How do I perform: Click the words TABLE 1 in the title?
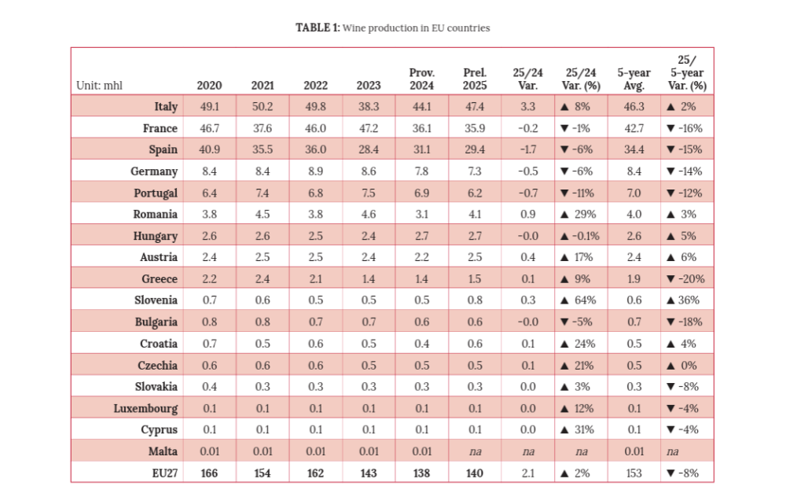click(x=318, y=28)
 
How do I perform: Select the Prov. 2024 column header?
click(x=421, y=79)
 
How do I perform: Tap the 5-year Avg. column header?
click(x=634, y=79)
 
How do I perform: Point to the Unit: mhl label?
click(x=99, y=85)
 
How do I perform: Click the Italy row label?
click(x=166, y=107)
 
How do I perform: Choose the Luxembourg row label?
click(x=145, y=409)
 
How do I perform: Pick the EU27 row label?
click(x=165, y=473)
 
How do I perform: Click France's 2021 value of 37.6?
click(x=263, y=128)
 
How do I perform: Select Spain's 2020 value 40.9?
click(x=210, y=149)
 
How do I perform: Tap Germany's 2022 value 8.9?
click(x=316, y=171)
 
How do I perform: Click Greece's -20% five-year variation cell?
click(x=685, y=279)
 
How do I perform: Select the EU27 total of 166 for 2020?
click(x=210, y=473)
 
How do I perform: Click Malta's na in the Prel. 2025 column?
click(x=475, y=451)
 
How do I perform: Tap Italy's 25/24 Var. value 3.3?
click(x=528, y=107)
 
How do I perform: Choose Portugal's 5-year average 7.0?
click(x=634, y=193)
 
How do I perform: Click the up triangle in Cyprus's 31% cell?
click(x=564, y=430)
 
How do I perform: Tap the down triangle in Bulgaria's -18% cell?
click(x=670, y=322)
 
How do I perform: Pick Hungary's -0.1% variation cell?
click(x=579, y=236)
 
